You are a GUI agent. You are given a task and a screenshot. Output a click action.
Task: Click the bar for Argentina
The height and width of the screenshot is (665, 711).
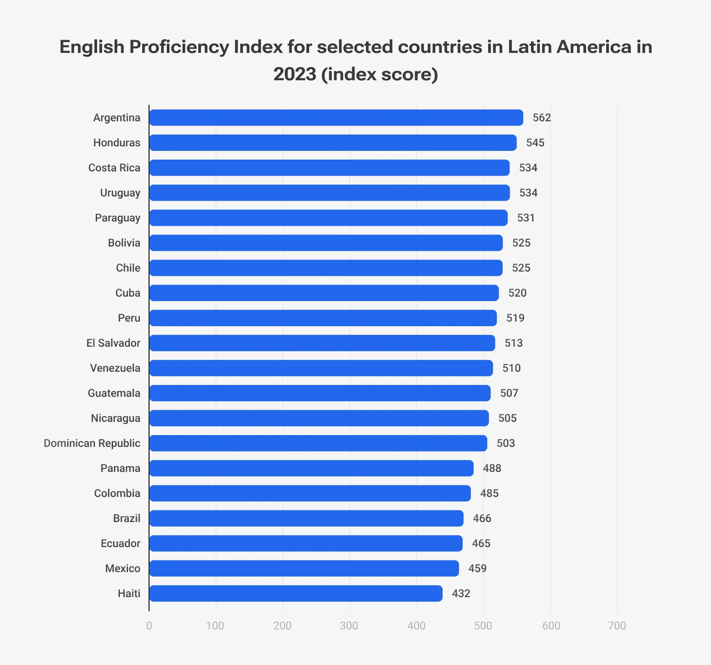point(336,118)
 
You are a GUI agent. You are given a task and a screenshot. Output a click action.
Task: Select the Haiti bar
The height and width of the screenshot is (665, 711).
point(296,593)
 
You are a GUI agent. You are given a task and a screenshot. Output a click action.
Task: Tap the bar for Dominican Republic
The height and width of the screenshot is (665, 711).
point(318,443)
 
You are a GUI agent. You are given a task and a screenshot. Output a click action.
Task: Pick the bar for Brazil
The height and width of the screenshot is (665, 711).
point(306,519)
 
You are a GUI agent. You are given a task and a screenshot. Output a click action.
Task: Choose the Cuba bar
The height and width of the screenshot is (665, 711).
point(324,293)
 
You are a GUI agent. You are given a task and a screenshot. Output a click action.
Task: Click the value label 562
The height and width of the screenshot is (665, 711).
point(542,118)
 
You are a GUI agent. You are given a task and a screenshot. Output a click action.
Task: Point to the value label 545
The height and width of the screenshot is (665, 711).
point(535,143)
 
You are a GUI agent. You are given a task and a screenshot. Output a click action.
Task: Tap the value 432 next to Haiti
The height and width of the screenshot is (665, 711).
point(461,593)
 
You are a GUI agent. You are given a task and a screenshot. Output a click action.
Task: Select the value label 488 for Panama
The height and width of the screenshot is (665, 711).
point(492,468)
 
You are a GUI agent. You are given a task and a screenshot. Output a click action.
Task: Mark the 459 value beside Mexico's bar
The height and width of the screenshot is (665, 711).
point(477,568)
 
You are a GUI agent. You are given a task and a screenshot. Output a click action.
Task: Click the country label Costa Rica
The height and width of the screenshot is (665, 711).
point(114,168)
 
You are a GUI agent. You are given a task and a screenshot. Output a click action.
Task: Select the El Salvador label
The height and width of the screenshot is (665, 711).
point(113,343)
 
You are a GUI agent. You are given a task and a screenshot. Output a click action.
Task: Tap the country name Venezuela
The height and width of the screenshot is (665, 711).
point(115,368)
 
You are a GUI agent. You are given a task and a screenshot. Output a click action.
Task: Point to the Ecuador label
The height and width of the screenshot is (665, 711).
point(120,543)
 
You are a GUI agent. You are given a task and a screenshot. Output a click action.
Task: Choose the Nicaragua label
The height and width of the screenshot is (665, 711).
point(116,418)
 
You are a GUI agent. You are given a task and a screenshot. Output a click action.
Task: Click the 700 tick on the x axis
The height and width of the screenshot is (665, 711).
point(617,626)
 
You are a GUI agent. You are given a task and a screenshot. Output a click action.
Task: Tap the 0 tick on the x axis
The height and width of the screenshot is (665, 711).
point(149,626)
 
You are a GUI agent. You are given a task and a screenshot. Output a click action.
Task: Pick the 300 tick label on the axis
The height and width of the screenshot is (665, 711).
point(349,626)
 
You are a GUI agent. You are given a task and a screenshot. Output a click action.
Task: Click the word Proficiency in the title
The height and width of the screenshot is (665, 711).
point(179,47)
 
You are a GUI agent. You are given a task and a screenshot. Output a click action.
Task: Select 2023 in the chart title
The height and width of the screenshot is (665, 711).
point(294,74)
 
